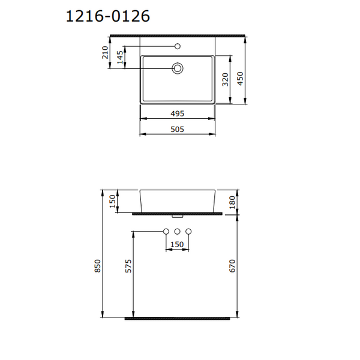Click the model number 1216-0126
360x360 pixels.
(107, 16)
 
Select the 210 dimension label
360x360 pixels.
(106, 52)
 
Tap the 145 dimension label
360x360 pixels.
(120, 58)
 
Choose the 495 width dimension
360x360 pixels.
(177, 113)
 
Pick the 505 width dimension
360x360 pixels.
(177, 128)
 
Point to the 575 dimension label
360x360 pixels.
(128, 266)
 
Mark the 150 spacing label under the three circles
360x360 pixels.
(177, 244)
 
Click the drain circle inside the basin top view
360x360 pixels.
(178, 68)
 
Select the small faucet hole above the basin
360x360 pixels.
(178, 46)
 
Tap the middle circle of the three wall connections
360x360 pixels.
(178, 232)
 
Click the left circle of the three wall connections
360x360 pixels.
(166, 232)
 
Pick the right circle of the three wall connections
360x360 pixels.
(188, 232)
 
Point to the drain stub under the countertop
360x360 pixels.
(177, 214)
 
